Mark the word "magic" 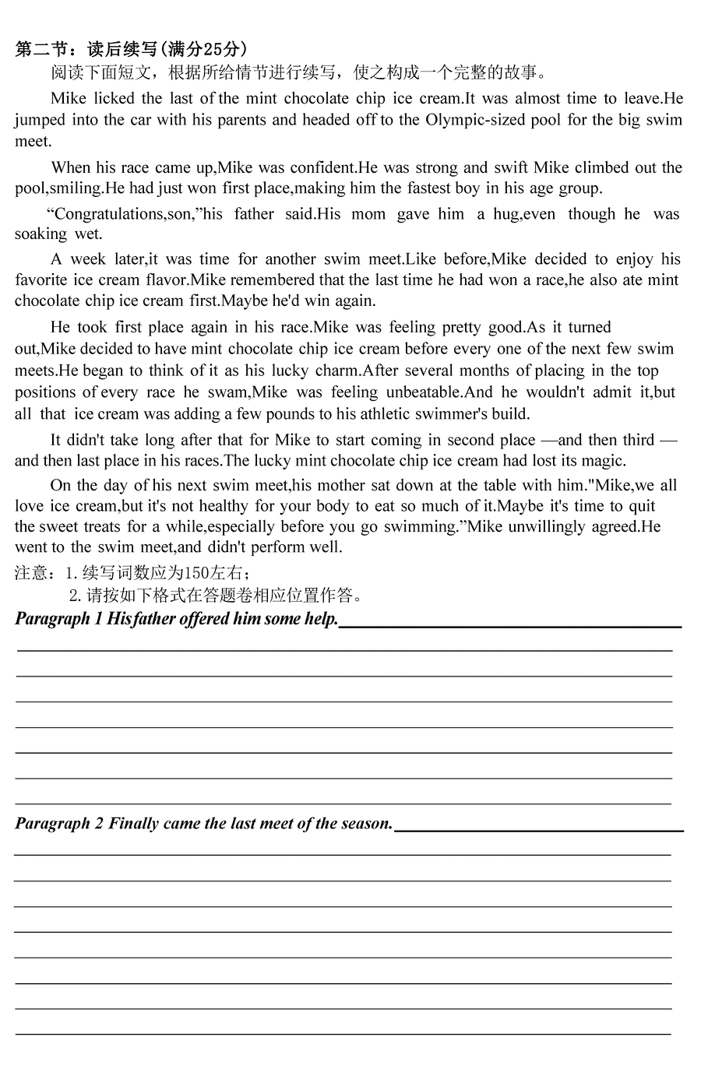(x=600, y=461)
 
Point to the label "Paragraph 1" (x=58, y=620)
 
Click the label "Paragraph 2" (x=59, y=824)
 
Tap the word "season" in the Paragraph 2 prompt (x=365, y=824)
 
